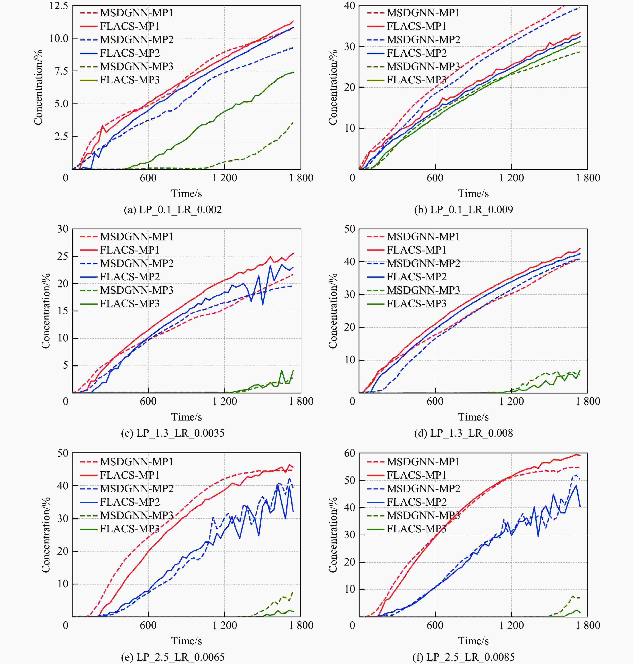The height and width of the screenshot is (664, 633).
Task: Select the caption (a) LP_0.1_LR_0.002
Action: click(173, 209)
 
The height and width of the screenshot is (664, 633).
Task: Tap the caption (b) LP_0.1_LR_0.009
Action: click(463, 209)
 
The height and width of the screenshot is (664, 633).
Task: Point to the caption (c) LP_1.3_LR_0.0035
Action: click(173, 433)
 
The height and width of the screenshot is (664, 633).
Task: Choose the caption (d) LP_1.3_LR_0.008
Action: click(463, 433)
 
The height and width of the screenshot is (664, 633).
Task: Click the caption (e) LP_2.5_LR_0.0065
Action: click(173, 657)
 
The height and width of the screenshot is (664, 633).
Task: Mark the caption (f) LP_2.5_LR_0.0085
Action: click(463, 657)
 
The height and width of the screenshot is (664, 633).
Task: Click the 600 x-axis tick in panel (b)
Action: click(435, 178)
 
